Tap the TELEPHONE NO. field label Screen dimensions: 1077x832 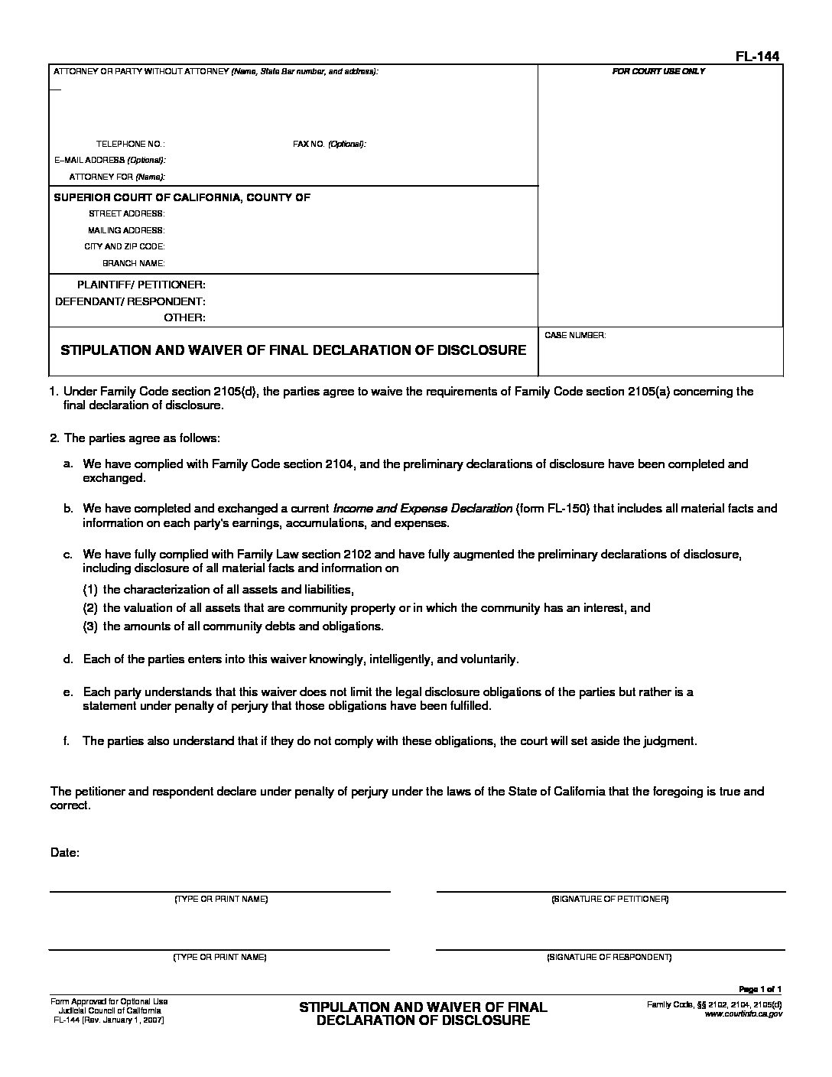coord(130,144)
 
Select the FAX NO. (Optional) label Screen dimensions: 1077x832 coord(330,144)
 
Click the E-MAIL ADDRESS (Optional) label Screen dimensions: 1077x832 coord(109,160)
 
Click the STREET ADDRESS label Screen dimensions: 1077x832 coord(126,213)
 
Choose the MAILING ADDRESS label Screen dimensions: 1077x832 coord(125,230)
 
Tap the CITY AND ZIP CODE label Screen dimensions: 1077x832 coord(124,246)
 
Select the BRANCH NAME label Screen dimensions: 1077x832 coord(133,263)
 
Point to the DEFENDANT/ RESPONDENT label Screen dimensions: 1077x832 coord(130,301)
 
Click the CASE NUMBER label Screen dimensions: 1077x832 coord(575,336)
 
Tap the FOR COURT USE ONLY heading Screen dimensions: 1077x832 coord(658,71)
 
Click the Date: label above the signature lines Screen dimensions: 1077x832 coord(65,851)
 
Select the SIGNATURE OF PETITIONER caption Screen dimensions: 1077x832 coord(609,899)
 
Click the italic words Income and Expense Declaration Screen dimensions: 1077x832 coord(422,508)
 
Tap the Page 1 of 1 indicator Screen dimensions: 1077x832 coord(760,989)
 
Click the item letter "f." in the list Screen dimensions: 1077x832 coord(68,740)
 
